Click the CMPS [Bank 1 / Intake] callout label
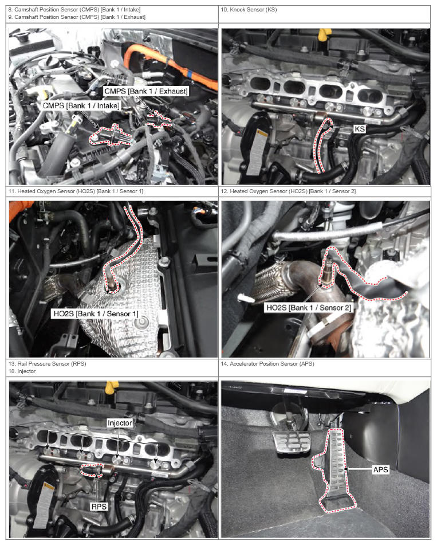tap(81, 105)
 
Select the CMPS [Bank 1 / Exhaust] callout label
tap(146, 91)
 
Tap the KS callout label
tap(360, 129)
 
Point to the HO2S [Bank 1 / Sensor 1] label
tap(96, 314)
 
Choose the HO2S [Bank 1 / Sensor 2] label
tap(309, 308)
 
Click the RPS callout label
tap(99, 507)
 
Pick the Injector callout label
tap(120, 423)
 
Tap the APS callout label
tap(380, 469)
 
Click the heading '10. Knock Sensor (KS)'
tap(249, 10)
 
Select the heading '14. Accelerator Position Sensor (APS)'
tap(267, 363)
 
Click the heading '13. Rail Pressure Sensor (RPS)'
tap(47, 363)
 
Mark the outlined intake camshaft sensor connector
tap(111, 136)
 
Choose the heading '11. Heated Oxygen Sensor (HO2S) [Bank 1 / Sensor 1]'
tap(76, 191)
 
